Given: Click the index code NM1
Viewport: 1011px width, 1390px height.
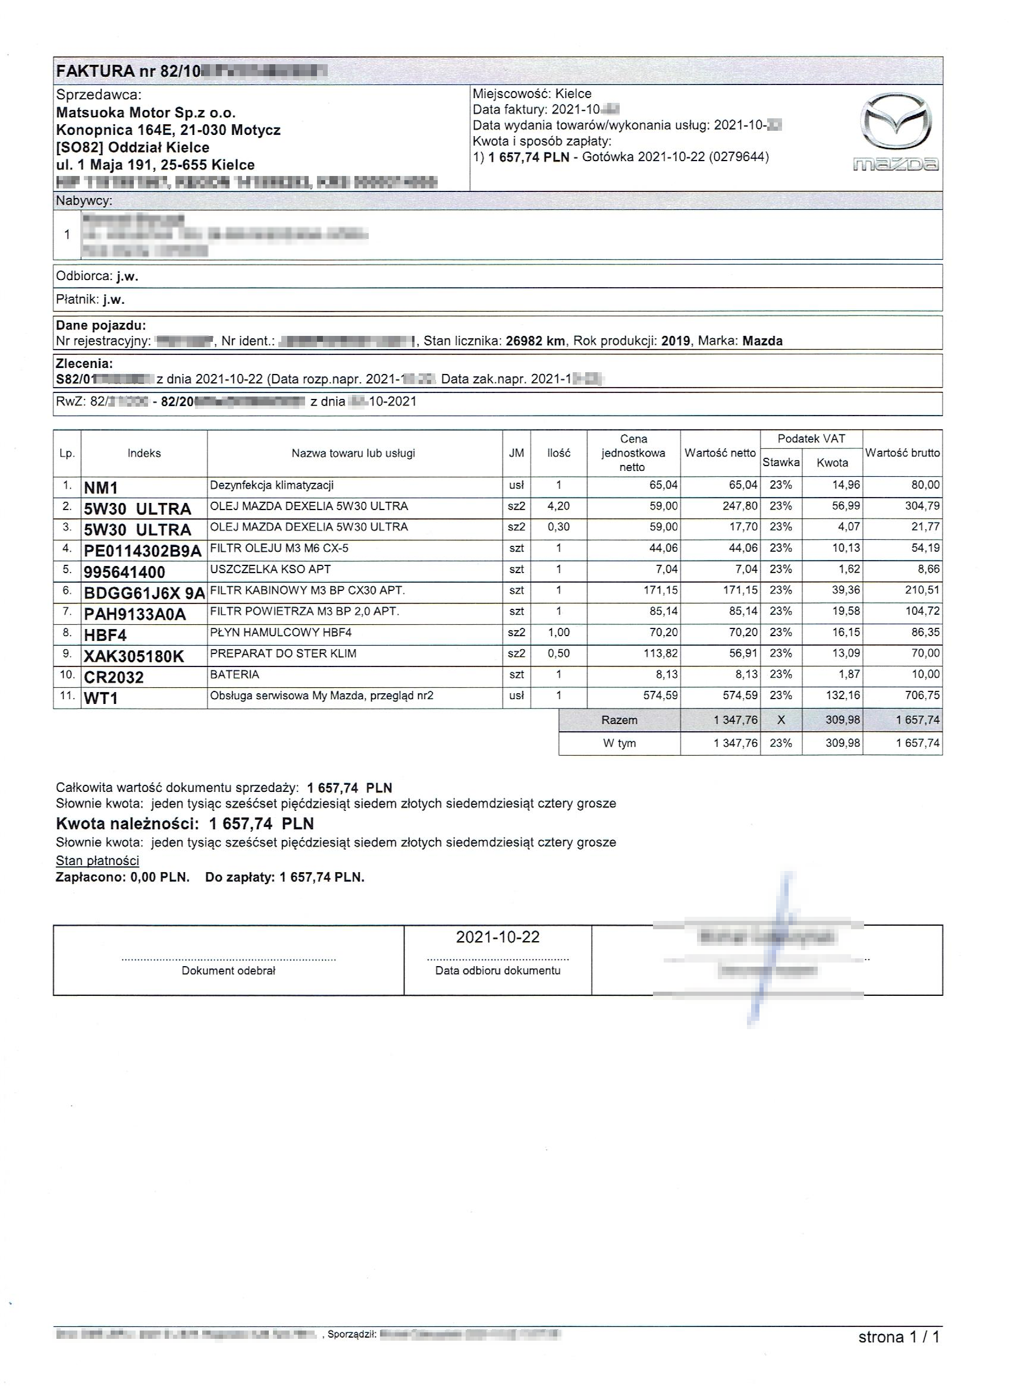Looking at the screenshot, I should click(101, 488).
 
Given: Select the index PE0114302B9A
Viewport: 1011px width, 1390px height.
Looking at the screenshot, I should click(142, 551).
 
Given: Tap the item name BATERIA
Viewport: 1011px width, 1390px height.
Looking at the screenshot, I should click(235, 675).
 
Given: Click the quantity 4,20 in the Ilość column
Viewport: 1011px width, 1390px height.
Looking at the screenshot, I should click(558, 506).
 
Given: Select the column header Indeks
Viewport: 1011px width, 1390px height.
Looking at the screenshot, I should click(144, 454).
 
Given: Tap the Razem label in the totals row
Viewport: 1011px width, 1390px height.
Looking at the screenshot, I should click(619, 720).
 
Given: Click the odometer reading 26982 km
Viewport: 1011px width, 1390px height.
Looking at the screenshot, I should click(535, 341).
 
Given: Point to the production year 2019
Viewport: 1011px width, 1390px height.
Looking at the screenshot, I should click(676, 341).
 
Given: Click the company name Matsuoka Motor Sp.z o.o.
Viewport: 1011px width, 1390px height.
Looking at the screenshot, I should click(146, 113).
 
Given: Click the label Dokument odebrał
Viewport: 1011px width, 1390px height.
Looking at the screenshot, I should click(228, 971).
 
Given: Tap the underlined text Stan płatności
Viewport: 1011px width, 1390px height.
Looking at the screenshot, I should click(98, 860).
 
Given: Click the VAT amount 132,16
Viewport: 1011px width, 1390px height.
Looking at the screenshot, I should click(846, 696).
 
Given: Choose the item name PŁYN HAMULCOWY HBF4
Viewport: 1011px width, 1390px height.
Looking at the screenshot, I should click(281, 633).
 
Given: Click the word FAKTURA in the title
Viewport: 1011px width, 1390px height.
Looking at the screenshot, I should click(95, 71).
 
